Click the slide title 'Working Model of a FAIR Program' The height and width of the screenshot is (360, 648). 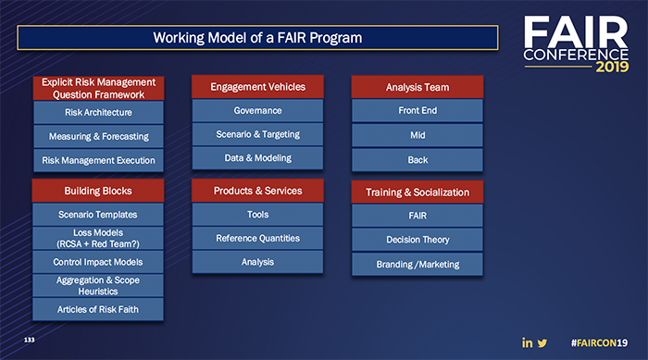(x=257, y=38)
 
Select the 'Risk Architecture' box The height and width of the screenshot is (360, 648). (x=99, y=112)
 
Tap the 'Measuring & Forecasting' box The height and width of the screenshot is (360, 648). (x=99, y=136)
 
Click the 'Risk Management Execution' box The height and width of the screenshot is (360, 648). (x=99, y=160)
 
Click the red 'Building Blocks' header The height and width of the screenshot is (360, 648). (x=98, y=191)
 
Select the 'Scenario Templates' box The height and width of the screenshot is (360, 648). (x=98, y=214)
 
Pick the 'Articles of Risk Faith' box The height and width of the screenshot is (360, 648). (x=98, y=308)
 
